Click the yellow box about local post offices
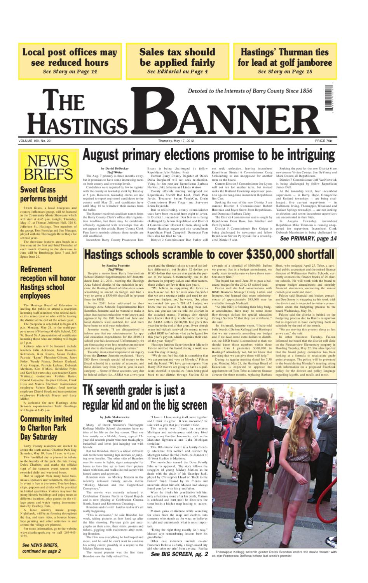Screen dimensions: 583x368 (x=70, y=60)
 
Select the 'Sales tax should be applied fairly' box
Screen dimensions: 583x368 (x=177, y=60)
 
